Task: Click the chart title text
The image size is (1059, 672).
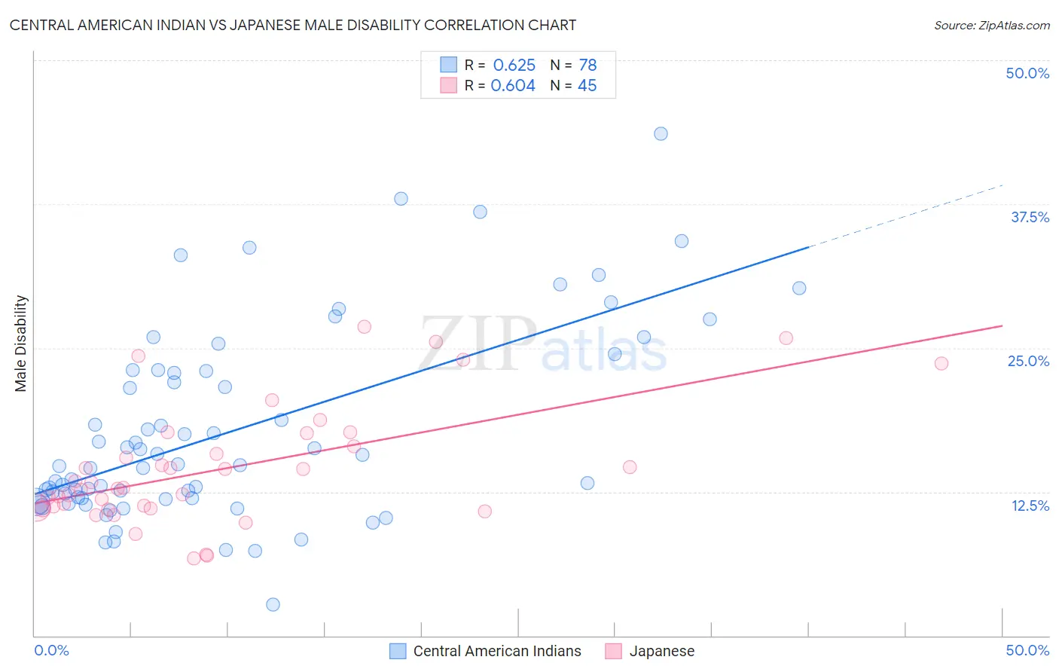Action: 293,25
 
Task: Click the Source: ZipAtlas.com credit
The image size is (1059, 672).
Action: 991,25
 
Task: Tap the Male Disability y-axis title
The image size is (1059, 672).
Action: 21,343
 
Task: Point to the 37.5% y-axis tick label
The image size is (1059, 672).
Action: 1030,217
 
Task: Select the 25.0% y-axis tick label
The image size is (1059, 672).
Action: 1028,361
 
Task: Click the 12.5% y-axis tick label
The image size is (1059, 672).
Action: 1030,506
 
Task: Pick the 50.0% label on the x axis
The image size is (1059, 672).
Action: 1027,650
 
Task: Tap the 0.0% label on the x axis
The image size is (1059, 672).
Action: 51,650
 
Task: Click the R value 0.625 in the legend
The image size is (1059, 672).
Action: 514,65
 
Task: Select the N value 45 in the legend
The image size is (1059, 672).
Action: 587,86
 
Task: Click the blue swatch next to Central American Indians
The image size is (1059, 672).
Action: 398,651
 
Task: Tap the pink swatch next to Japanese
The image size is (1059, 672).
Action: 614,651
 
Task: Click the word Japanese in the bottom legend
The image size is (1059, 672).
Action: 661,651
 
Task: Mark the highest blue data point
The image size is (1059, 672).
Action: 661,133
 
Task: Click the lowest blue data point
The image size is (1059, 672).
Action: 273,604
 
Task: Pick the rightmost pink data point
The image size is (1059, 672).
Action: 941,363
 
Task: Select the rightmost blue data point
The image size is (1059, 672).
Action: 799,288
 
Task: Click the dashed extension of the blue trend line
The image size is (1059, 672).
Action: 904,215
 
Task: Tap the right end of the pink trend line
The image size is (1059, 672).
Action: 1001,325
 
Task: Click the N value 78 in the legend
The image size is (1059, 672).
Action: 587,65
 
